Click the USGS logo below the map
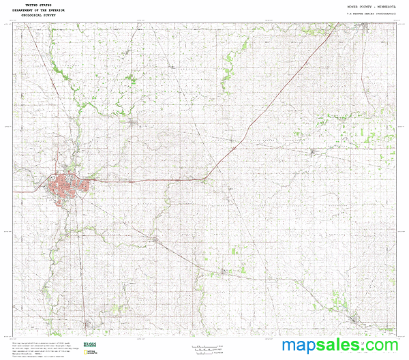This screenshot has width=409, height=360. point(89,344)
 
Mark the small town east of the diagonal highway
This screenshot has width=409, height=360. point(313,151)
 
